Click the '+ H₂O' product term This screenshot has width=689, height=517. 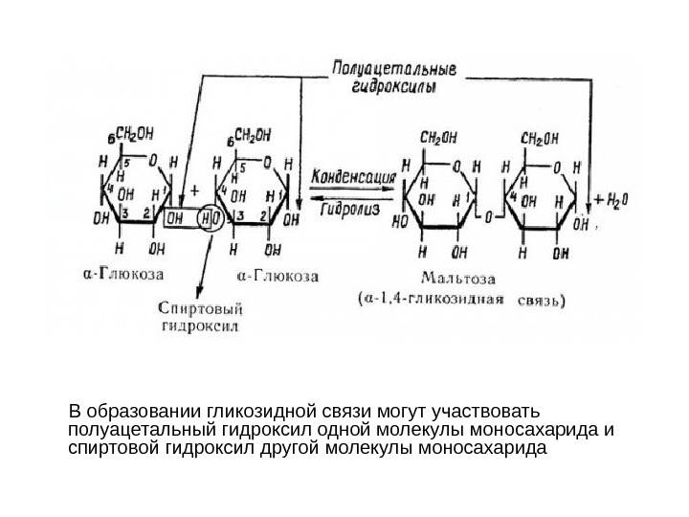coord(612,199)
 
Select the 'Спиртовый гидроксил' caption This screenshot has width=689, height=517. coord(200,316)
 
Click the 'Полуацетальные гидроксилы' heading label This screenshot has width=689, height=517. coord(394,76)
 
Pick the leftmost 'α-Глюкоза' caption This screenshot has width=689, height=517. coord(123,274)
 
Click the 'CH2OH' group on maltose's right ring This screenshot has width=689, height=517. coord(541,140)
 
